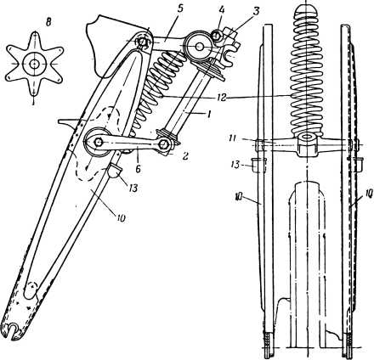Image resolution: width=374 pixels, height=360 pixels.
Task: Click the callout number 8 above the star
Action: pyautogui.click(x=48, y=24)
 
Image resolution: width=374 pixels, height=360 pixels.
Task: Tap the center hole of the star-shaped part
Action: pyautogui.click(x=34, y=64)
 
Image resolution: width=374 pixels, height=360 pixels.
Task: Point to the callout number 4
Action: pyautogui.click(x=222, y=11)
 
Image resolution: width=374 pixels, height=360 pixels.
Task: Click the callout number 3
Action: pyautogui.click(x=256, y=12)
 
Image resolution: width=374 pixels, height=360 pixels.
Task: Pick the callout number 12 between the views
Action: pyautogui.click(x=222, y=98)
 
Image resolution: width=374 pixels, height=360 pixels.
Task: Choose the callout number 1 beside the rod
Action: pyautogui.click(x=209, y=115)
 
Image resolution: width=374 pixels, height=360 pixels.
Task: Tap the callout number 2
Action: pyautogui.click(x=184, y=156)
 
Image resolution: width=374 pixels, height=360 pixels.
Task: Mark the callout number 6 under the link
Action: pyautogui.click(x=138, y=169)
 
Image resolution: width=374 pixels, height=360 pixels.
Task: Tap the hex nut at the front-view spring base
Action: pyautogui.click(x=306, y=145)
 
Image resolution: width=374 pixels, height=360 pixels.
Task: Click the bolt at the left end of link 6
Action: pyautogui.click(x=99, y=142)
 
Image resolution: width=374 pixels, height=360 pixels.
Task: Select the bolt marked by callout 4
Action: pyautogui.click(x=217, y=36)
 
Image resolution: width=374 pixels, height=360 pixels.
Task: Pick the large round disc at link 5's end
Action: pyautogui.click(x=199, y=47)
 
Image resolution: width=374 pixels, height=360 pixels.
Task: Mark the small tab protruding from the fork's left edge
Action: pyautogui.click(x=66, y=121)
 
